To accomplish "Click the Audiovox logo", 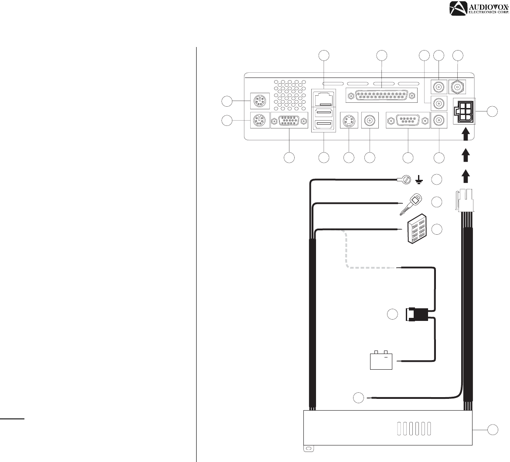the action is click(479, 8).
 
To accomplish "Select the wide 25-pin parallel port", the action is click(381, 96).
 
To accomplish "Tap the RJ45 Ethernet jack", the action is click(323, 98).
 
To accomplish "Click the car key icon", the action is click(411, 204).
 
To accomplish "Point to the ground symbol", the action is click(419, 179).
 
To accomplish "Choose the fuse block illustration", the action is click(417, 229).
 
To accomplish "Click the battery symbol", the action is click(381, 360).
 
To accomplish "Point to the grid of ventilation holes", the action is click(290, 95).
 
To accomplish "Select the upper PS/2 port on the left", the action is click(260, 101).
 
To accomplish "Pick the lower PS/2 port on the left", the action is click(260, 121).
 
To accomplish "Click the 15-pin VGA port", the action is click(289, 121).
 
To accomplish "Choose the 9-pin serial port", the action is click(408, 121).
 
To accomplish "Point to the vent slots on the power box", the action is click(414, 428).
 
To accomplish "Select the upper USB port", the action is click(323, 113).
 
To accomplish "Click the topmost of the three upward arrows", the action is click(466, 134).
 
